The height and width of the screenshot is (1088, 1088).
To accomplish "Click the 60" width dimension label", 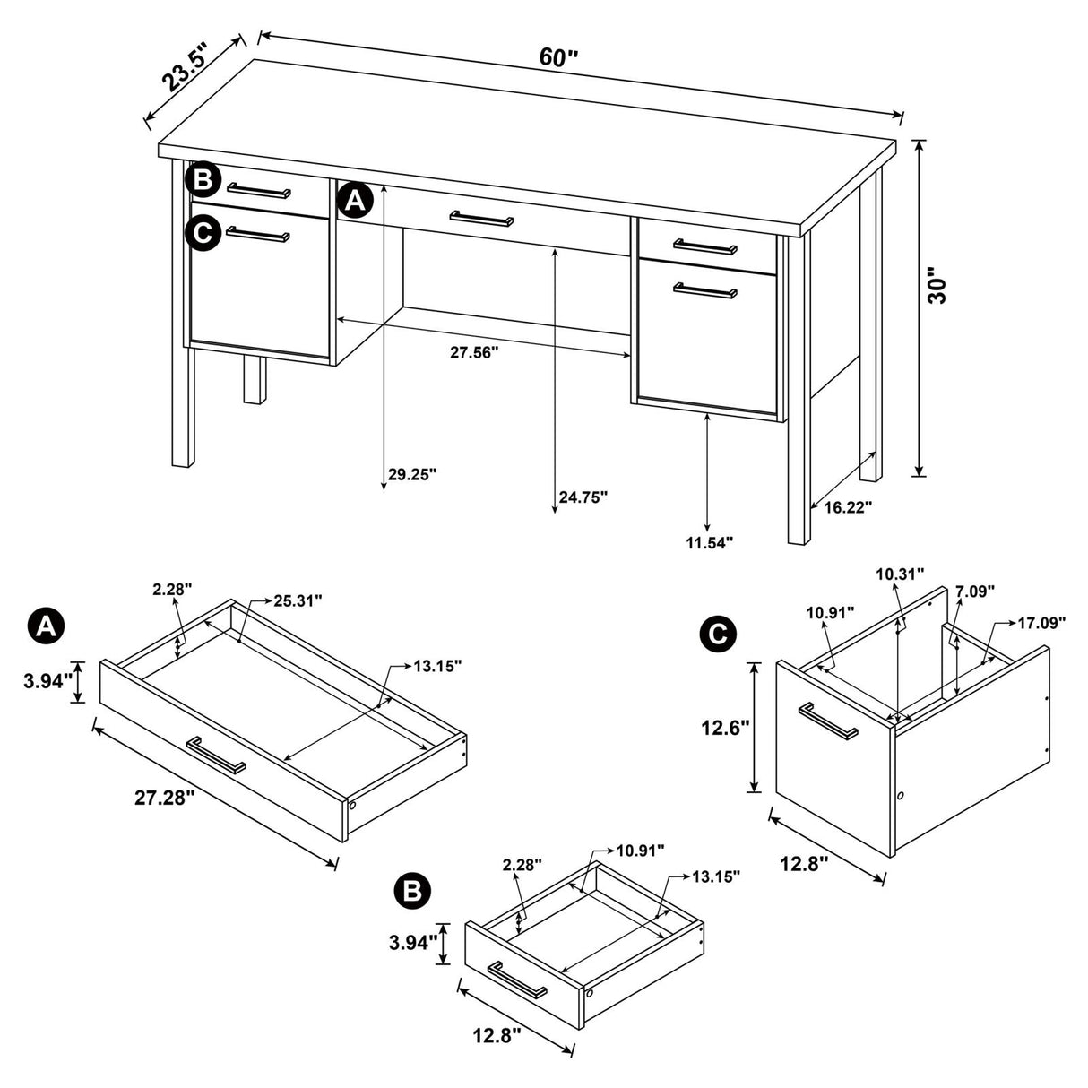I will pyautogui.click(x=559, y=57).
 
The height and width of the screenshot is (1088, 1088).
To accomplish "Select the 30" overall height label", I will pyautogui.click(x=937, y=285).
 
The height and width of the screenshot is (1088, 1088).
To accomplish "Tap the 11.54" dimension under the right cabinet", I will pyautogui.click(x=709, y=541).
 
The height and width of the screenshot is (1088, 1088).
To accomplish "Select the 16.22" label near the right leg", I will pyautogui.click(x=847, y=507).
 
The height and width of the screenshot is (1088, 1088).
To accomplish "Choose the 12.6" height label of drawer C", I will pyautogui.click(x=724, y=728).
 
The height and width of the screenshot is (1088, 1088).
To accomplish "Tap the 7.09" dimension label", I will pyautogui.click(x=975, y=591).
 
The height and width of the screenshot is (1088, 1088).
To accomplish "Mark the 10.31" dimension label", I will pyautogui.click(x=900, y=574).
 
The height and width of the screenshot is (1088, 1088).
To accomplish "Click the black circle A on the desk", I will pyautogui.click(x=355, y=201).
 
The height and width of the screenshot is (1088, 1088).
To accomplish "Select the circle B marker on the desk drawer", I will pyautogui.click(x=203, y=180).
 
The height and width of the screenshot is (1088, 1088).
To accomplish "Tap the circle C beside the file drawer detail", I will pyautogui.click(x=717, y=635).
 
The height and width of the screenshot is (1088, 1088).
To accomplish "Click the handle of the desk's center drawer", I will pyautogui.click(x=482, y=219).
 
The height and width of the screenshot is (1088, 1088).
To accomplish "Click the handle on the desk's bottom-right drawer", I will pyautogui.click(x=705, y=290).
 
